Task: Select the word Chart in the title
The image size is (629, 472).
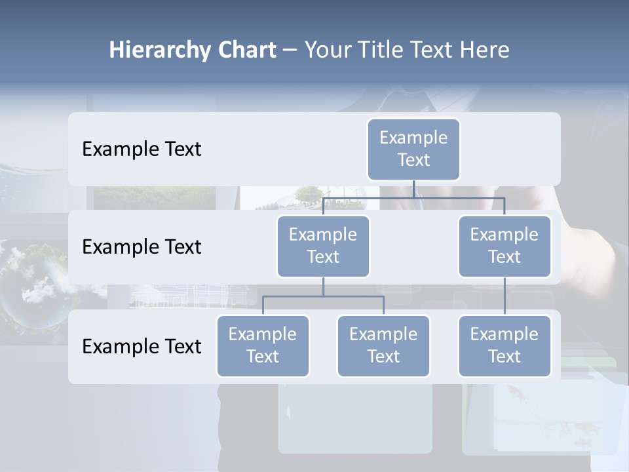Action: click(248, 50)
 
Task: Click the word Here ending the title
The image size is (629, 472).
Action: click(486, 50)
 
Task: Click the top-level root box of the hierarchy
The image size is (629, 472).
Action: click(413, 149)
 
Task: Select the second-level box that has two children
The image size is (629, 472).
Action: click(323, 246)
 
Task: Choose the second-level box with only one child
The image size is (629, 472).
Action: click(505, 246)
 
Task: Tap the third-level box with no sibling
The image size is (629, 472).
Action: click(505, 345)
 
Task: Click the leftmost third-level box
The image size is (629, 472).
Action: click(263, 345)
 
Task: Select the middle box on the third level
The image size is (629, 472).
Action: click(383, 345)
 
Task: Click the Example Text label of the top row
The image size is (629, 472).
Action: click(142, 149)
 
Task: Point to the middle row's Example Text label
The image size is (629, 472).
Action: click(142, 247)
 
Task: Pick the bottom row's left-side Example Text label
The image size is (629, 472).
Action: click(142, 346)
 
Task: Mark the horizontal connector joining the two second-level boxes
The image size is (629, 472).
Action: click(413, 197)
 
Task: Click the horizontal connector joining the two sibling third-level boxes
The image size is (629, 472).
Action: click(323, 296)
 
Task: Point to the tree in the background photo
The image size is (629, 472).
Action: click(308, 193)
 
